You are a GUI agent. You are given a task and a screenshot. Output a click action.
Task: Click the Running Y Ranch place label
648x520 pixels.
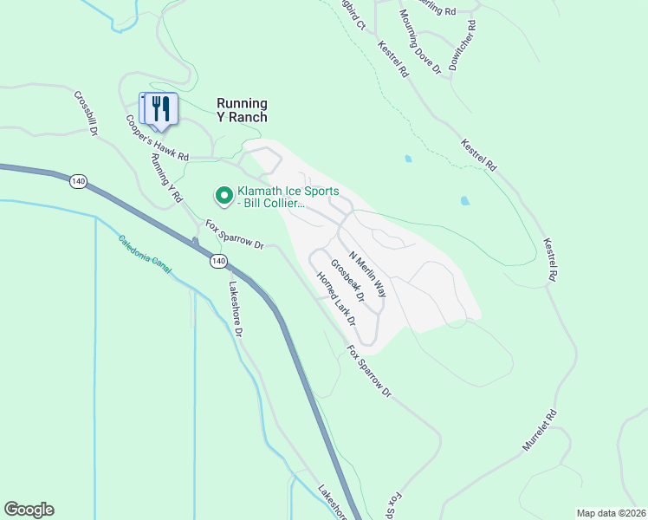point(230,110)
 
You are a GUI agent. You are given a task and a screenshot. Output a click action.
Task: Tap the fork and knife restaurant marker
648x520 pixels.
point(159,108)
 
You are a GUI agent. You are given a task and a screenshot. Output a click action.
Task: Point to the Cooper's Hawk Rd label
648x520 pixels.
point(157,140)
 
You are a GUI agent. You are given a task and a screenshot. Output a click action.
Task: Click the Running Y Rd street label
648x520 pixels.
point(167,178)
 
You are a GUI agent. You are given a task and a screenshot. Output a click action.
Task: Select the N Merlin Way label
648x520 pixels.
point(367,276)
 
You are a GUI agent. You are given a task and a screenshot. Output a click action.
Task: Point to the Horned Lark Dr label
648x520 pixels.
point(336,297)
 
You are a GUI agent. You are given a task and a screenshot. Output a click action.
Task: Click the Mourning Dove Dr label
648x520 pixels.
point(421,41)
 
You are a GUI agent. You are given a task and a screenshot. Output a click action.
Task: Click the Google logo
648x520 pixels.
point(29,510)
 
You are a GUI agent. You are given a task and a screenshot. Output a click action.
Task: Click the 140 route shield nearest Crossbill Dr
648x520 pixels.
point(79,180)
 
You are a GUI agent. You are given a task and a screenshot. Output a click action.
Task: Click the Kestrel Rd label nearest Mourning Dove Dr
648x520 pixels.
point(392,60)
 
